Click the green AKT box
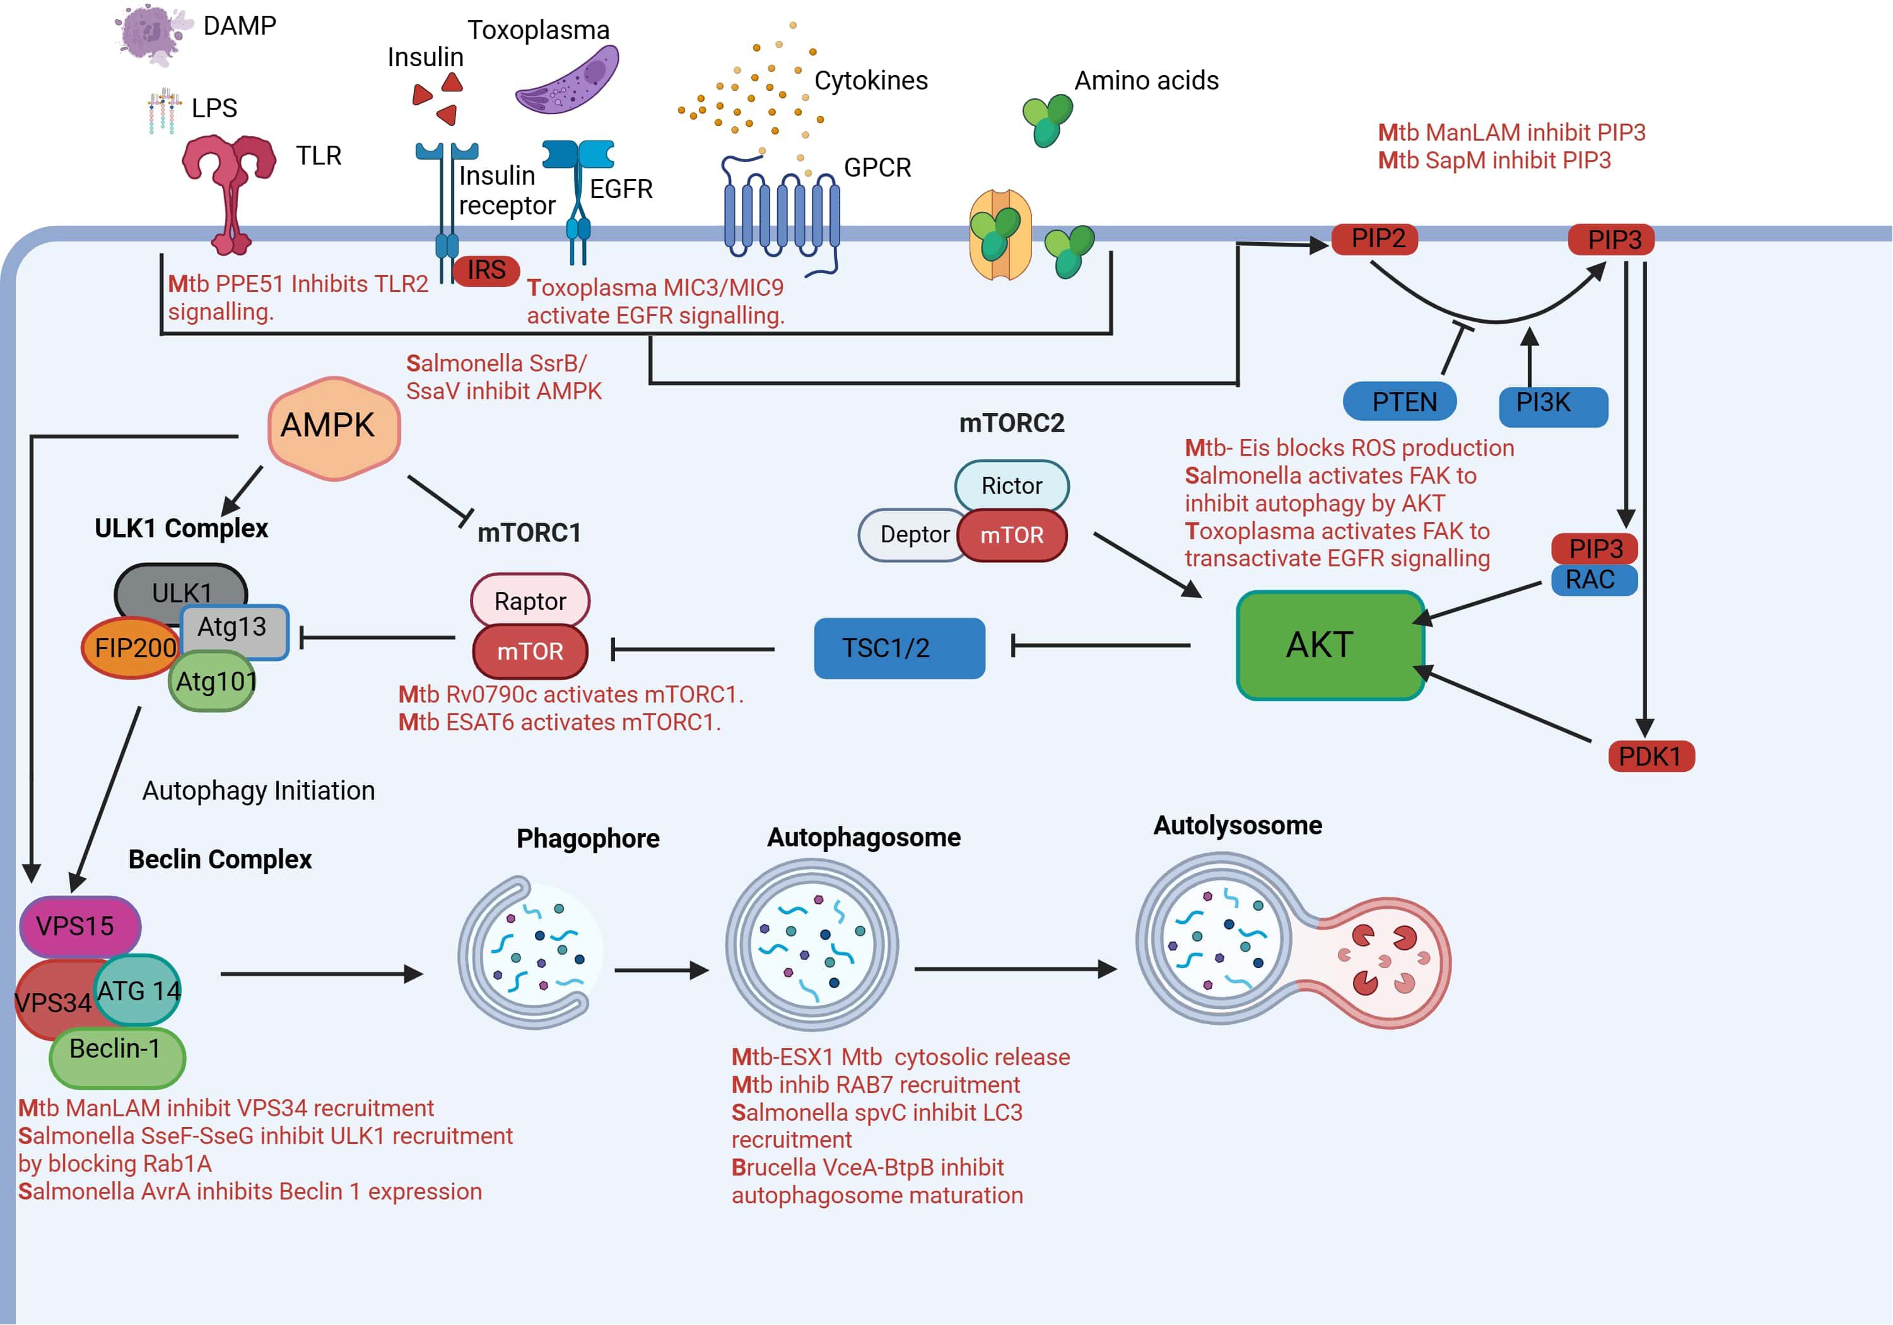tap(1329, 645)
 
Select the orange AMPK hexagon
tap(334, 427)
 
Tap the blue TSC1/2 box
tap(899, 648)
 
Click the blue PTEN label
tap(1399, 402)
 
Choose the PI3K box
tap(1552, 406)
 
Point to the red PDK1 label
tap(1651, 756)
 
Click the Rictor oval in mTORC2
tap(1012, 485)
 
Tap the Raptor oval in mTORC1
tap(530, 600)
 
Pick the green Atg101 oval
tap(213, 682)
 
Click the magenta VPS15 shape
tap(79, 926)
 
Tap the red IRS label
tap(486, 270)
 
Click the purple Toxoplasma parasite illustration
tap(568, 80)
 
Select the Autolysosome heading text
tap(1237, 826)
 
